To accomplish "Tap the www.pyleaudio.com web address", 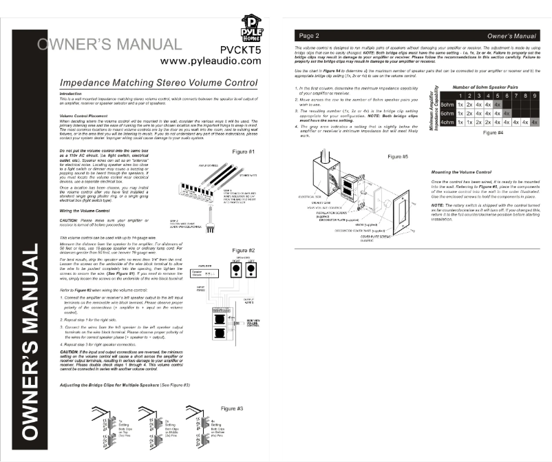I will [211, 61].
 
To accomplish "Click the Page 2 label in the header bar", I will [306, 34].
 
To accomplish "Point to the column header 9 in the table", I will [534, 96].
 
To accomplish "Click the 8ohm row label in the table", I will [447, 104].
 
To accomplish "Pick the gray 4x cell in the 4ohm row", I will [534, 122].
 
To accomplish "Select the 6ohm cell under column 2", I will [469, 113].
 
